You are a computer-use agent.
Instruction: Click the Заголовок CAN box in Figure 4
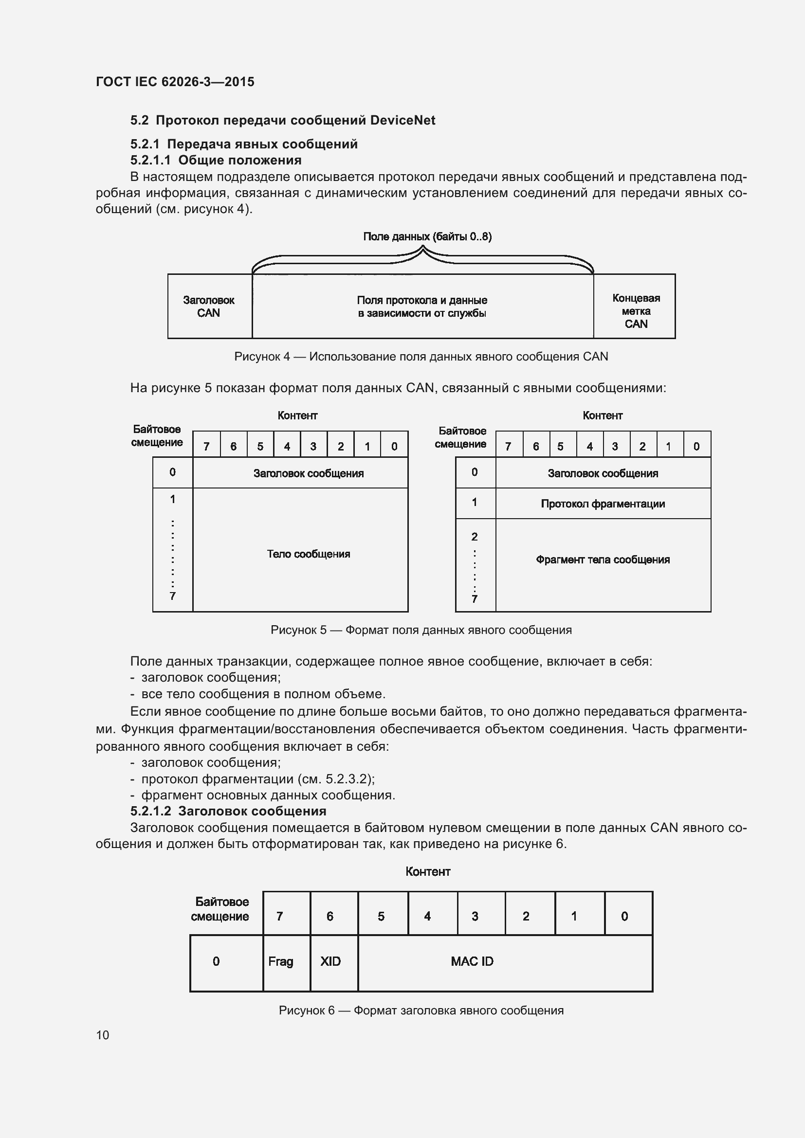(209, 307)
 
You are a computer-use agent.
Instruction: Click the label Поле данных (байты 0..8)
(427, 236)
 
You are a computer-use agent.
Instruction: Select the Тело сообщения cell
(308, 554)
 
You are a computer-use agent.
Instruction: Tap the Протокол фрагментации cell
(602, 504)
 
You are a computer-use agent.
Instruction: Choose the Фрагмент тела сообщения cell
(602, 560)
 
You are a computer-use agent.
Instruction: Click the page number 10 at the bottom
(102, 1035)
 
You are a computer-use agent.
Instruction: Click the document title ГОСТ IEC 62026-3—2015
(175, 82)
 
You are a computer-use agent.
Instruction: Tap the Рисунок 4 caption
(421, 356)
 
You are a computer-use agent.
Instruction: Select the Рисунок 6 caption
(421, 1010)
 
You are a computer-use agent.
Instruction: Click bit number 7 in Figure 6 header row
(279, 917)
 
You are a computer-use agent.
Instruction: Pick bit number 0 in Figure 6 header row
(624, 917)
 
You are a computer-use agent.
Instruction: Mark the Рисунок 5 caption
(421, 630)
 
